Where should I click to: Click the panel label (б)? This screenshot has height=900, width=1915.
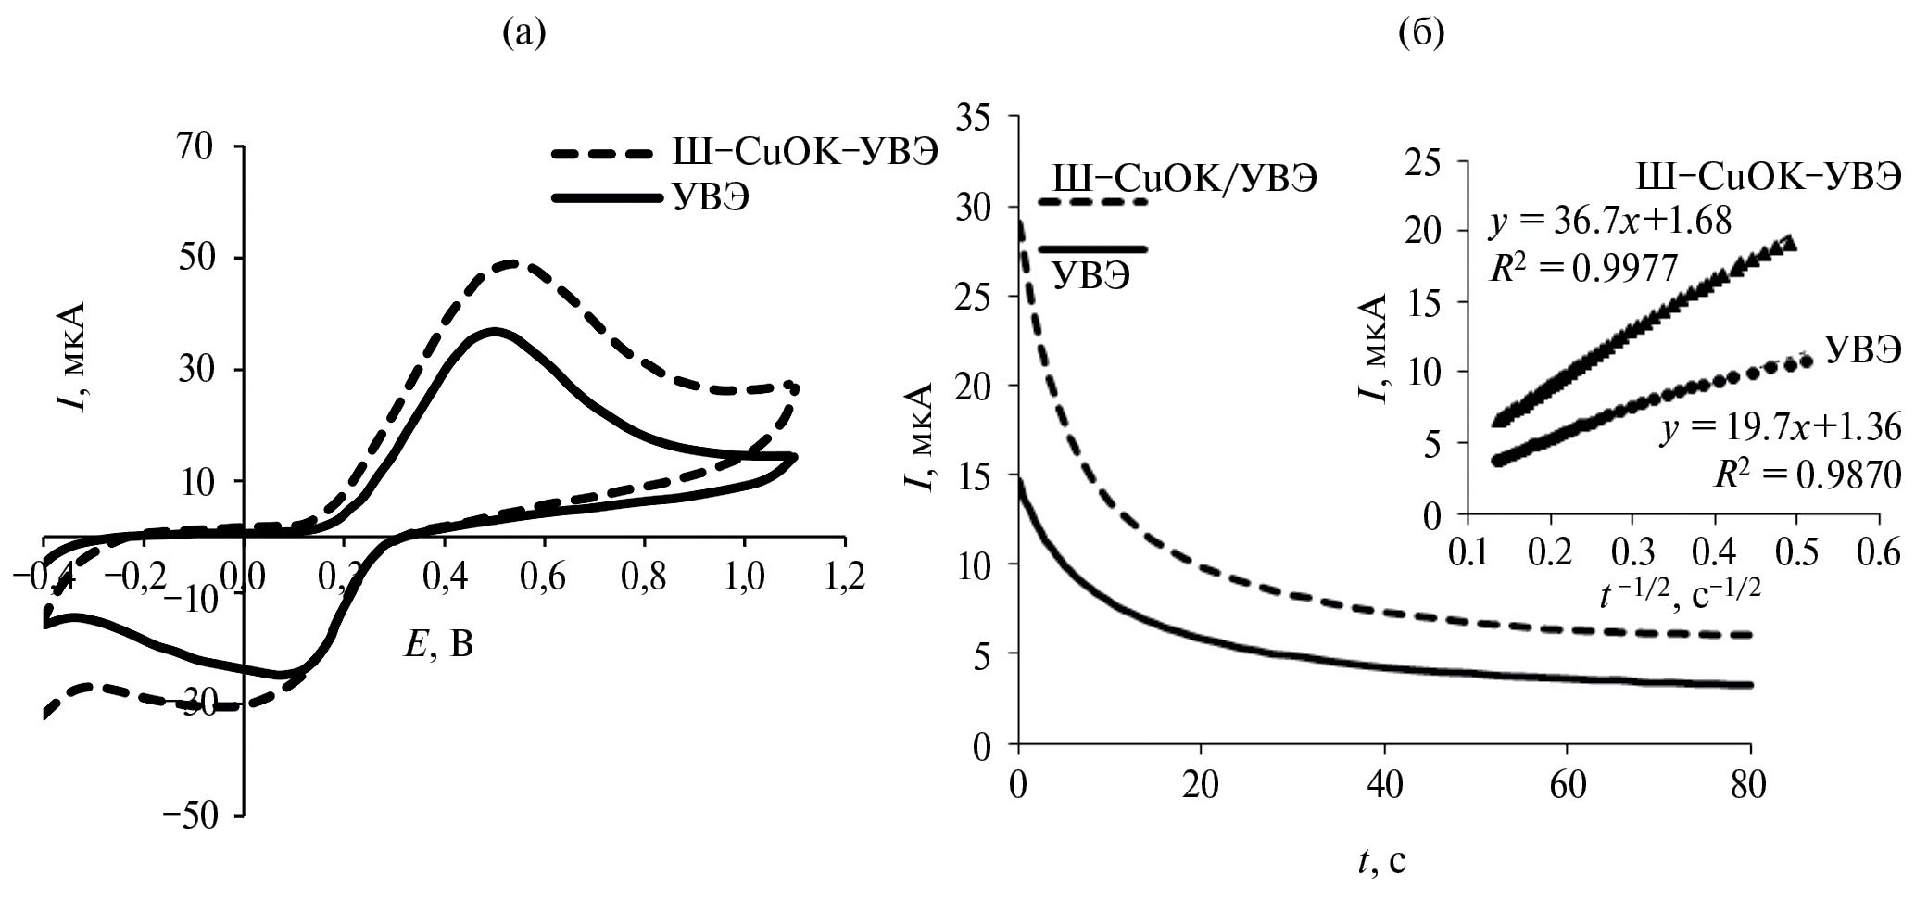(1418, 35)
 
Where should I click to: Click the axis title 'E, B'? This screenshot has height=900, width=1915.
(437, 643)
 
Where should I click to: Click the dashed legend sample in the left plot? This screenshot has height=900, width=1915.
(602, 154)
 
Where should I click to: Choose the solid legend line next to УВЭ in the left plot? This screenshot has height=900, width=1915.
(602, 198)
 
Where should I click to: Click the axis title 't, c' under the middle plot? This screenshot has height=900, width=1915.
(1381, 862)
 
